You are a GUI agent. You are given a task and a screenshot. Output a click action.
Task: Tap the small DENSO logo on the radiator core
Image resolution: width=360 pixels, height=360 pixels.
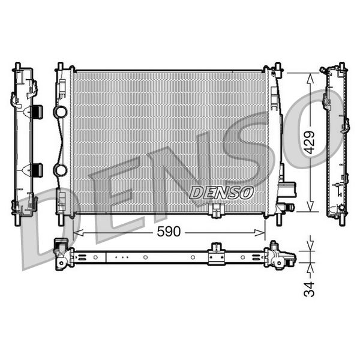click(221, 192)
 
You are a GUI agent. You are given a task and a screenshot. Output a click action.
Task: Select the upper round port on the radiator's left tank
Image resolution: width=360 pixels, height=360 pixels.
click(60, 112)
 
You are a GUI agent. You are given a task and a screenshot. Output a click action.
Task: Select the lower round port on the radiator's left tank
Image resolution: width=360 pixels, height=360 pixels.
click(60, 170)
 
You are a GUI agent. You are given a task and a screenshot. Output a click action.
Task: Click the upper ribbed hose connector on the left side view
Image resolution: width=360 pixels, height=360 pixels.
click(37, 112)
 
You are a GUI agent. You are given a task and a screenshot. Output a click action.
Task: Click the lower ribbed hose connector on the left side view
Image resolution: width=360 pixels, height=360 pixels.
click(37, 170)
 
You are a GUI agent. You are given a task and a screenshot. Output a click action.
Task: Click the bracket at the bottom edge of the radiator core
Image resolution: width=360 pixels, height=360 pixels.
click(216, 211)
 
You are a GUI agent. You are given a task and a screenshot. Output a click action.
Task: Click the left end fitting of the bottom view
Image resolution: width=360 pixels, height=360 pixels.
click(62, 254)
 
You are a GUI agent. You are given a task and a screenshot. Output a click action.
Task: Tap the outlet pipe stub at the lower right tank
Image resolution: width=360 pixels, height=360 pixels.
click(288, 208)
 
